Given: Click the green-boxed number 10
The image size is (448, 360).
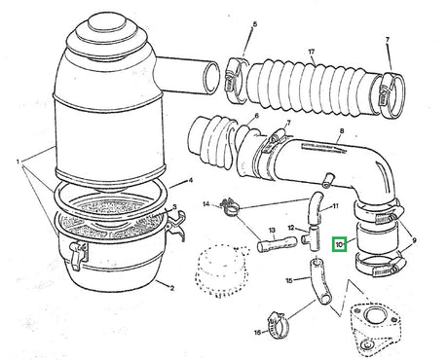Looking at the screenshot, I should [339, 245].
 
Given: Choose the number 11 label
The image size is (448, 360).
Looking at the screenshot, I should [335, 207].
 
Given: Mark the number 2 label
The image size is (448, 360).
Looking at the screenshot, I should [171, 287].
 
